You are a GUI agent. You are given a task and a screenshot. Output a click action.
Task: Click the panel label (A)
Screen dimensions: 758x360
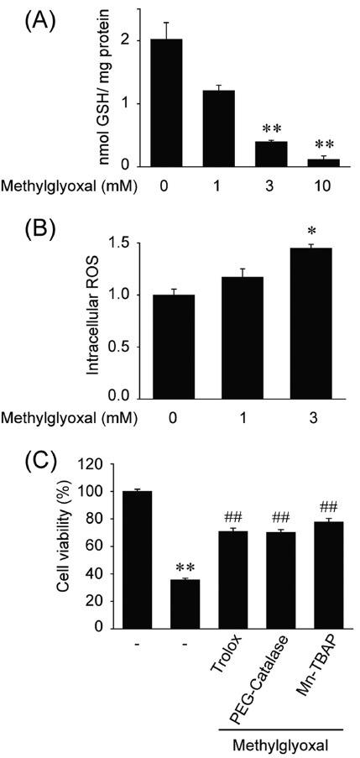point(30,18)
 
